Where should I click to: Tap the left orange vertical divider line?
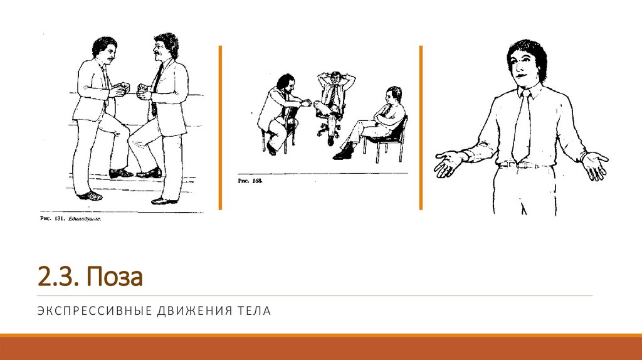pyautogui.click(x=220, y=127)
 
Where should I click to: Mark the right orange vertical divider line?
pyautogui.click(x=421, y=127)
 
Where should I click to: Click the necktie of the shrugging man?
pyautogui.click(x=522, y=129)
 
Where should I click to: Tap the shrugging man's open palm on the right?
pyautogui.click(x=594, y=164)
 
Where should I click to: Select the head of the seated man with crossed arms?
pyautogui.click(x=393, y=95)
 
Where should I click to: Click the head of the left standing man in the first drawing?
pyautogui.click(x=104, y=50)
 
